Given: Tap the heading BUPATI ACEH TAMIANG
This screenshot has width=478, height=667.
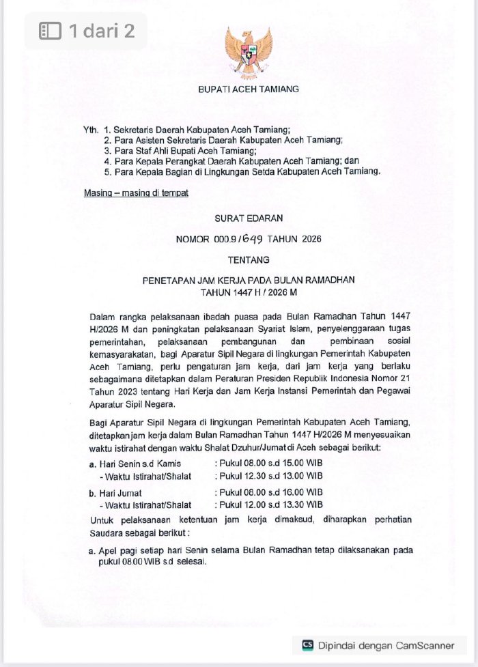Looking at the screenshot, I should pyautogui.click(x=248, y=89).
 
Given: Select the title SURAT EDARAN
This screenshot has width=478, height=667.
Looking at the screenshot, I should pyautogui.click(x=248, y=218).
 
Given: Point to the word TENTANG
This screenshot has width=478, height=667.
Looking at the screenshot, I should pyautogui.click(x=248, y=259).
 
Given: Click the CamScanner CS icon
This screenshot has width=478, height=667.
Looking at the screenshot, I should pyautogui.click(x=308, y=644).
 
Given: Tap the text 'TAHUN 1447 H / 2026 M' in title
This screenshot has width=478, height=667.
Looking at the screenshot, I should pyautogui.click(x=248, y=292).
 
